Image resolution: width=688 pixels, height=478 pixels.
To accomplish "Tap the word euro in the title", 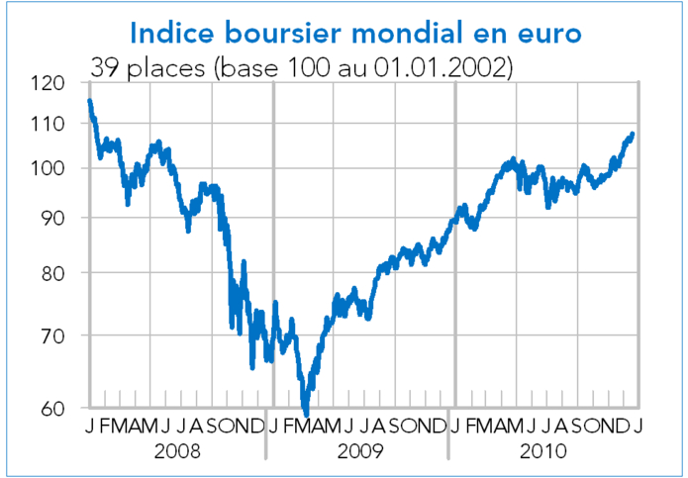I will click(548, 34).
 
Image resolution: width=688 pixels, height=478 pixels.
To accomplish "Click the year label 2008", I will click(177, 450).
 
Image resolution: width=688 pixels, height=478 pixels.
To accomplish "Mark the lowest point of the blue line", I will click(305, 413).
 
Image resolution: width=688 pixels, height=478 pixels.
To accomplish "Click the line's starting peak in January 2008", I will click(90, 101).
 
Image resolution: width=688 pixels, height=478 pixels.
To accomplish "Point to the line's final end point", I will click(633, 134).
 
